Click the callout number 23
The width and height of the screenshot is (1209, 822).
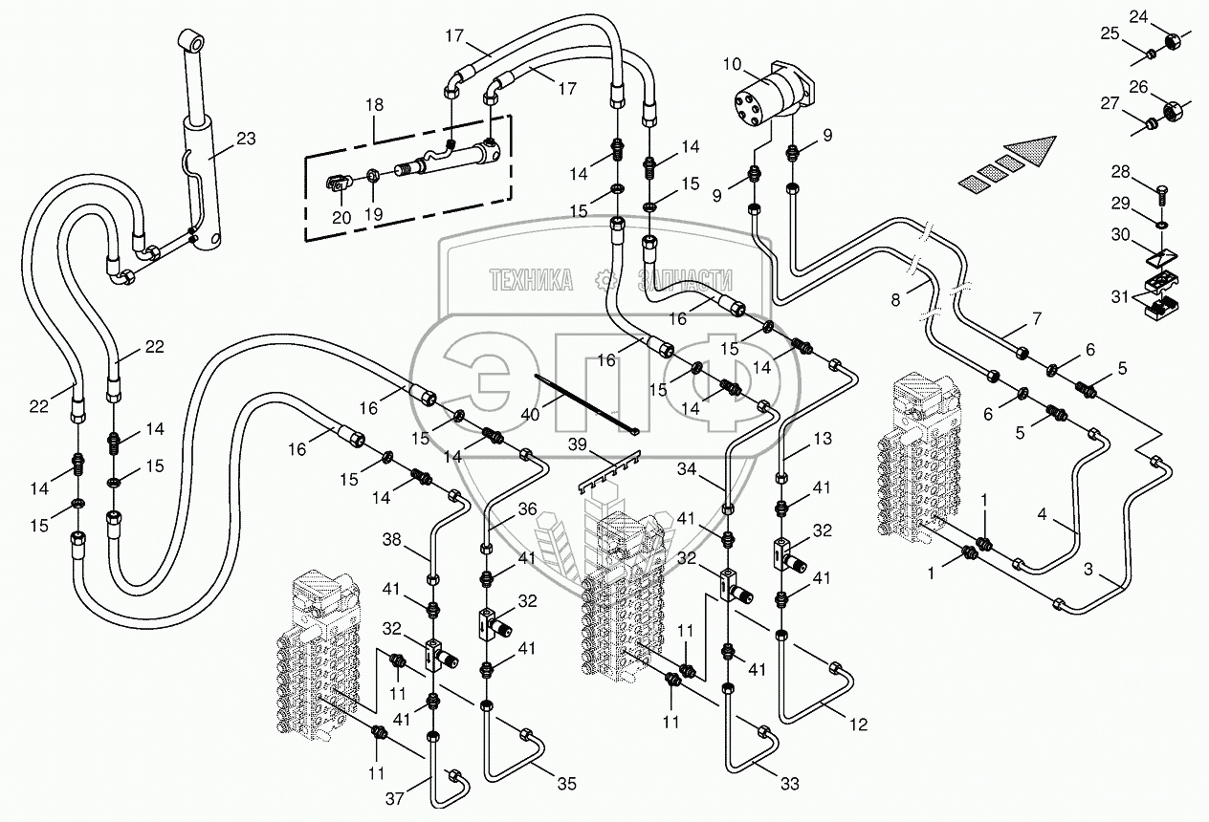(x=246, y=139)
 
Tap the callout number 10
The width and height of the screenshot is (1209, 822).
(x=732, y=65)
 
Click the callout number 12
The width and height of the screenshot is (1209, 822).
(x=857, y=725)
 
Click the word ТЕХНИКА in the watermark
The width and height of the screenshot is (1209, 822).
(x=531, y=280)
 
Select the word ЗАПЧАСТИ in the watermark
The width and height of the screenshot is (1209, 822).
(x=685, y=280)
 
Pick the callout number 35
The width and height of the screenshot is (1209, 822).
(x=567, y=786)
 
